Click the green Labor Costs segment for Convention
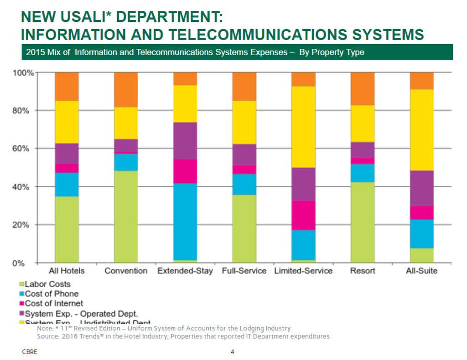tap(126, 216)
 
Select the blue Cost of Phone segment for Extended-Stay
tap(185, 221)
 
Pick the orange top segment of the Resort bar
tap(363, 88)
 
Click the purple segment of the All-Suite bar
tap(422, 188)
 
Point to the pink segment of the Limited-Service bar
tap(303, 215)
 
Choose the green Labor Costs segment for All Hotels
tap(67, 229)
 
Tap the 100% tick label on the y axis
tap(21, 73)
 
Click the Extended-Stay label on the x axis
tap(185, 271)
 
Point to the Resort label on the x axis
tap(363, 271)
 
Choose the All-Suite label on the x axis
tap(422, 271)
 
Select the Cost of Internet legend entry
tap(53, 303)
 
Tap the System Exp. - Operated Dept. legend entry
tap(81, 314)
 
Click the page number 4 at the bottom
tap(233, 352)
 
